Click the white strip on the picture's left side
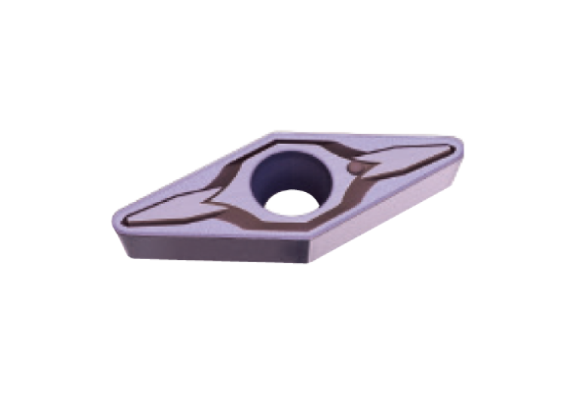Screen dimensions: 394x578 [45, 197]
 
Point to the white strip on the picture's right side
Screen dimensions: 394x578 [531, 197]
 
